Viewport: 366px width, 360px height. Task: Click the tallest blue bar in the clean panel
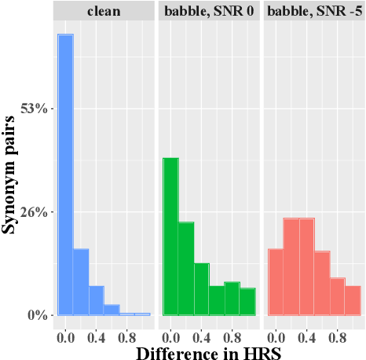click(65, 174)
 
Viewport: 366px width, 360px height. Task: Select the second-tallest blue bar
click(81, 281)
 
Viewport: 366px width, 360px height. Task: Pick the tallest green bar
click(170, 236)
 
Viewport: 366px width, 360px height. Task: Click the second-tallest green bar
click(186, 268)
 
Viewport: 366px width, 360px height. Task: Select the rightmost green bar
click(247, 301)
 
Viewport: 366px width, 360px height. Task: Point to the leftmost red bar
click(276, 281)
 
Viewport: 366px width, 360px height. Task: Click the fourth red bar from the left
click(322, 283)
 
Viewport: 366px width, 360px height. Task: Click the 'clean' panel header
click(104, 11)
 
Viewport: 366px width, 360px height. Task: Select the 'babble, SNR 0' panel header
click(209, 11)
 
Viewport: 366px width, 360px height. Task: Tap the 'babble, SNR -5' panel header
click(314, 11)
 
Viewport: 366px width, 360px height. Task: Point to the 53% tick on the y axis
click(38, 108)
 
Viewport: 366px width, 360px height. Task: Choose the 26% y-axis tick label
click(38, 212)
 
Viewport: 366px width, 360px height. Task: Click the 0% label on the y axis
click(42, 315)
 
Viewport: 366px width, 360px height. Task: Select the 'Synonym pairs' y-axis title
click(11, 174)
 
